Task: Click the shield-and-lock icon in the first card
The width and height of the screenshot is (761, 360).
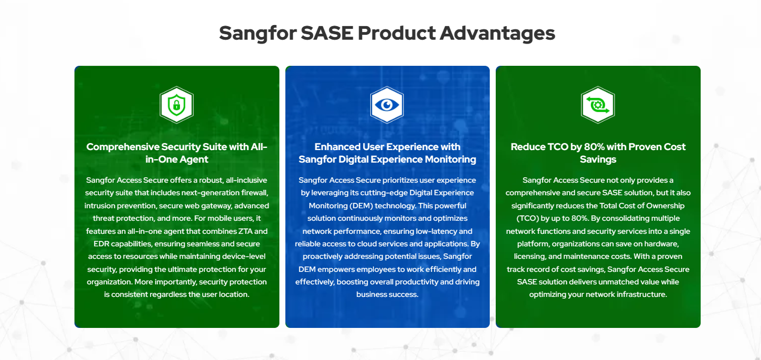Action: click(177, 105)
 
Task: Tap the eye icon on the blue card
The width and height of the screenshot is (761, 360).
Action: click(387, 105)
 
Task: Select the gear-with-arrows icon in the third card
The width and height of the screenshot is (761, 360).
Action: click(598, 105)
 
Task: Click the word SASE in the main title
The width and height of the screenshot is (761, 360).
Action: click(327, 33)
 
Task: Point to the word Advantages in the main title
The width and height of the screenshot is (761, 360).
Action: click(497, 34)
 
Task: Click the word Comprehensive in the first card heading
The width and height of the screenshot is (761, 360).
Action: click(123, 147)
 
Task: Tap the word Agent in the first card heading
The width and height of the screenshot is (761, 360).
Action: click(194, 159)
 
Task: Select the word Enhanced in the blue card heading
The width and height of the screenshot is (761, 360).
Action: click(338, 147)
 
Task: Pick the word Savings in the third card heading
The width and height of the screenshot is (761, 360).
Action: click(598, 159)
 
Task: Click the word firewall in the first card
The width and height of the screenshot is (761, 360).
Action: click(254, 193)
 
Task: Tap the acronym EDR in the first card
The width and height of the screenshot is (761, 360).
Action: click(101, 244)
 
